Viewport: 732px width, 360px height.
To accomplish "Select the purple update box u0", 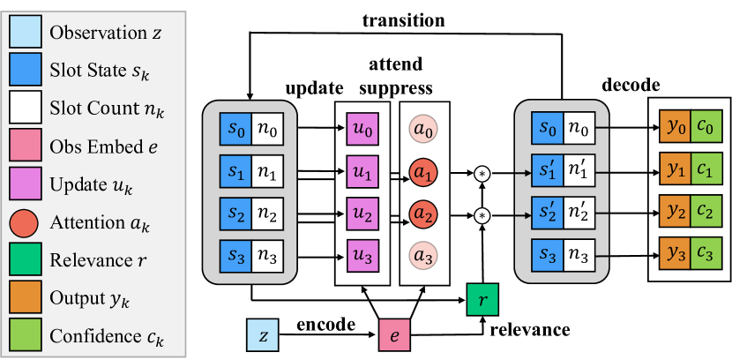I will click(362, 130).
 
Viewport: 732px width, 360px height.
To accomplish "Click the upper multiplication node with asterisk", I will click(482, 172).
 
